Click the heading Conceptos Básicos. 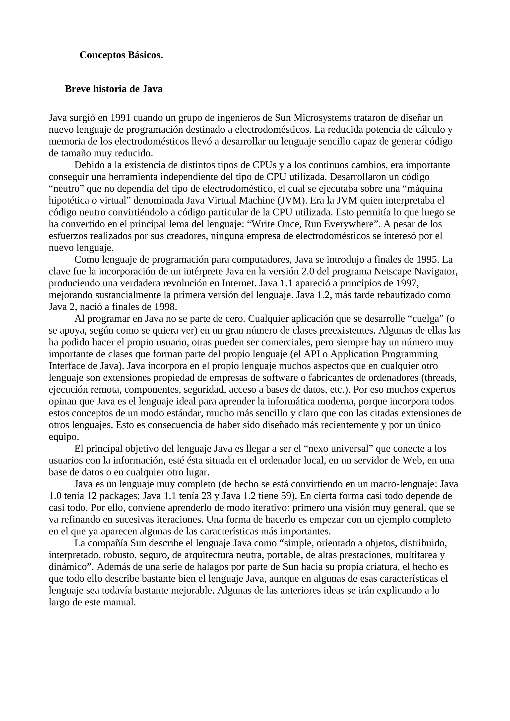[121, 55]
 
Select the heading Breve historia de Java [114, 89]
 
